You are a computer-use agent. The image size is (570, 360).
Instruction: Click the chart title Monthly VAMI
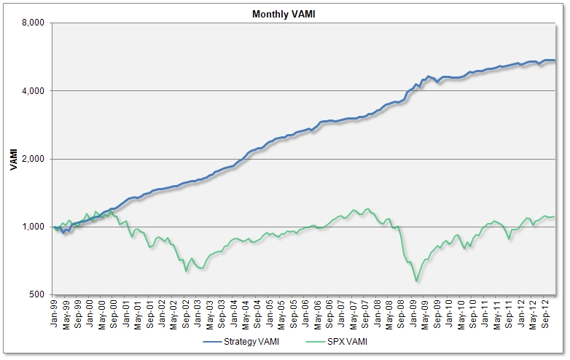(x=285, y=14)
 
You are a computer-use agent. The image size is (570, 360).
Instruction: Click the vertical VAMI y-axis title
(x=13, y=159)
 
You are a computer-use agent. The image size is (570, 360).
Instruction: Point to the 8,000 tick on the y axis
(x=33, y=23)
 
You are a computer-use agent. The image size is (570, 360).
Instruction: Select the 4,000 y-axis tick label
(x=33, y=91)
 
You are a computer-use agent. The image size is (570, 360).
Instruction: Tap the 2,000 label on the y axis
(x=33, y=159)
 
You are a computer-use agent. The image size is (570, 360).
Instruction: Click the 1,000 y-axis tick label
(x=33, y=227)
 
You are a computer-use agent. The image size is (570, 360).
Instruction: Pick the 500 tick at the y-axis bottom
(x=37, y=294)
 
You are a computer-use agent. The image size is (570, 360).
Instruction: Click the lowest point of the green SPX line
(x=416, y=281)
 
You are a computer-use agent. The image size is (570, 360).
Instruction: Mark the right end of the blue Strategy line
(x=555, y=60)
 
